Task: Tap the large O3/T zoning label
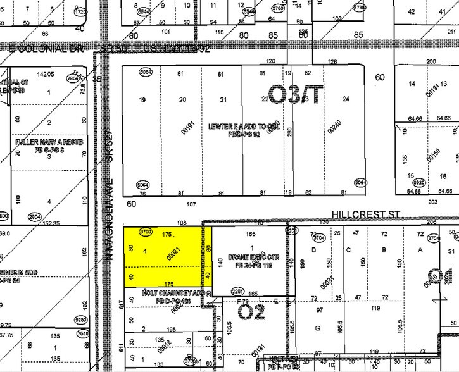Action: coord(296,95)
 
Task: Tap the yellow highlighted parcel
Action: coord(167,257)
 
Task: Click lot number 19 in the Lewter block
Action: coord(142,99)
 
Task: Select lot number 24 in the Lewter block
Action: coord(346,99)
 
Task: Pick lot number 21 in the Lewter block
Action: coord(223,99)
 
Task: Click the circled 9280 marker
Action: coord(81,319)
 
